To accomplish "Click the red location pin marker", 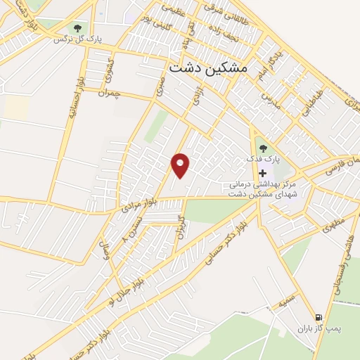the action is [x=181, y=165].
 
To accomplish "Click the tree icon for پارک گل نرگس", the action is [x=77, y=29].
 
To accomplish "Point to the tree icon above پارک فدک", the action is [x=263, y=148].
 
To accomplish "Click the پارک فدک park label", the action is [x=263, y=160].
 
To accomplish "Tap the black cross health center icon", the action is [x=263, y=173].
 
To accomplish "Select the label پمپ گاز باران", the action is [x=314, y=328].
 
